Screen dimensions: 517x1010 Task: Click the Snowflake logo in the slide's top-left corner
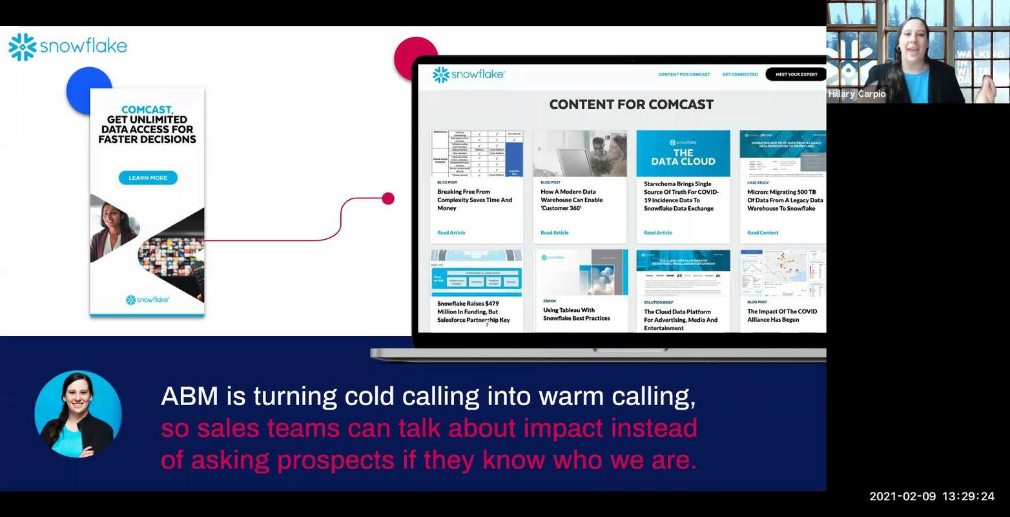point(68,47)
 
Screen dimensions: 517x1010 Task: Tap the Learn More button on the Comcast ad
point(148,178)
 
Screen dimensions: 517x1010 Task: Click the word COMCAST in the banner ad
point(147,110)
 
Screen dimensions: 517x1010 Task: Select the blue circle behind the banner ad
point(81,84)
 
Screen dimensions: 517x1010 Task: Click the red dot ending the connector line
point(388,198)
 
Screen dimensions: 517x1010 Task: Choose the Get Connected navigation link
point(739,74)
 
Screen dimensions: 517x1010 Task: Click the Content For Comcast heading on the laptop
point(631,105)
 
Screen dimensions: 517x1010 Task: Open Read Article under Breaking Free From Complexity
point(451,233)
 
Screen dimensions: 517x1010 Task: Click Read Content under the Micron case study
point(763,233)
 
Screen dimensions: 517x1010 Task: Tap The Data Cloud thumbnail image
point(683,154)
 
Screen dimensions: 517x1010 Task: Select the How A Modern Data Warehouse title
point(572,200)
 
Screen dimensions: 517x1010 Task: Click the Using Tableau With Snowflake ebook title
point(576,314)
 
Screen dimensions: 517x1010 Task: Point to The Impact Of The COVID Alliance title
point(782,315)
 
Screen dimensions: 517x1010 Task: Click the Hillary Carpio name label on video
point(857,94)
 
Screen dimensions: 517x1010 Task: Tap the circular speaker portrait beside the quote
point(78,414)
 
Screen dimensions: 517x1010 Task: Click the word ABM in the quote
point(190,396)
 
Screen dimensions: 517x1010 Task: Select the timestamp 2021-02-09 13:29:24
point(931,496)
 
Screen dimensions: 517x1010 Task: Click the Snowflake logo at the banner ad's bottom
point(147,300)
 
